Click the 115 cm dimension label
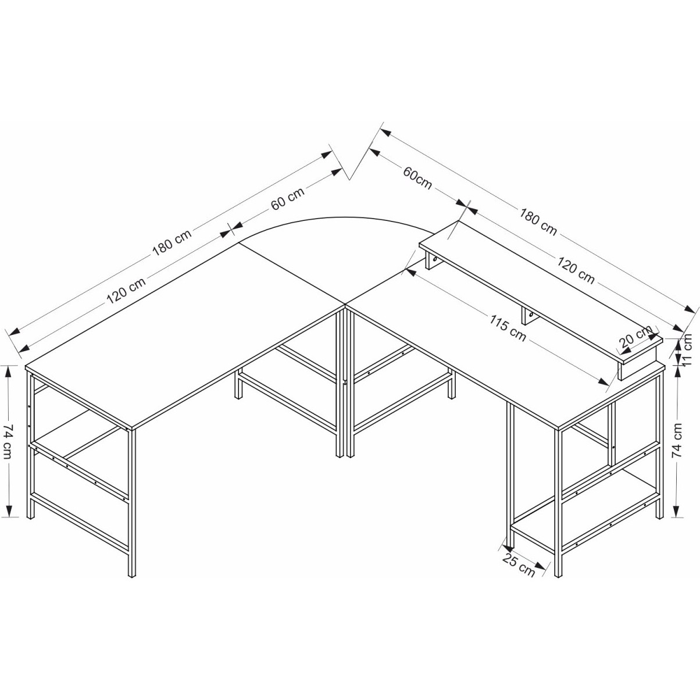pyautogui.click(x=508, y=328)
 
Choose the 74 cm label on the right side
pyautogui.click(x=678, y=440)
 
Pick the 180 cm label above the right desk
pyautogui.click(x=538, y=222)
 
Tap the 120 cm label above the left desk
pyautogui.click(x=126, y=290)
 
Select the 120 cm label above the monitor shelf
pyautogui.click(x=576, y=270)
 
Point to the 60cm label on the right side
pyautogui.click(x=417, y=178)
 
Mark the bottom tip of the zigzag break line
pyautogui.click(x=349, y=180)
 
